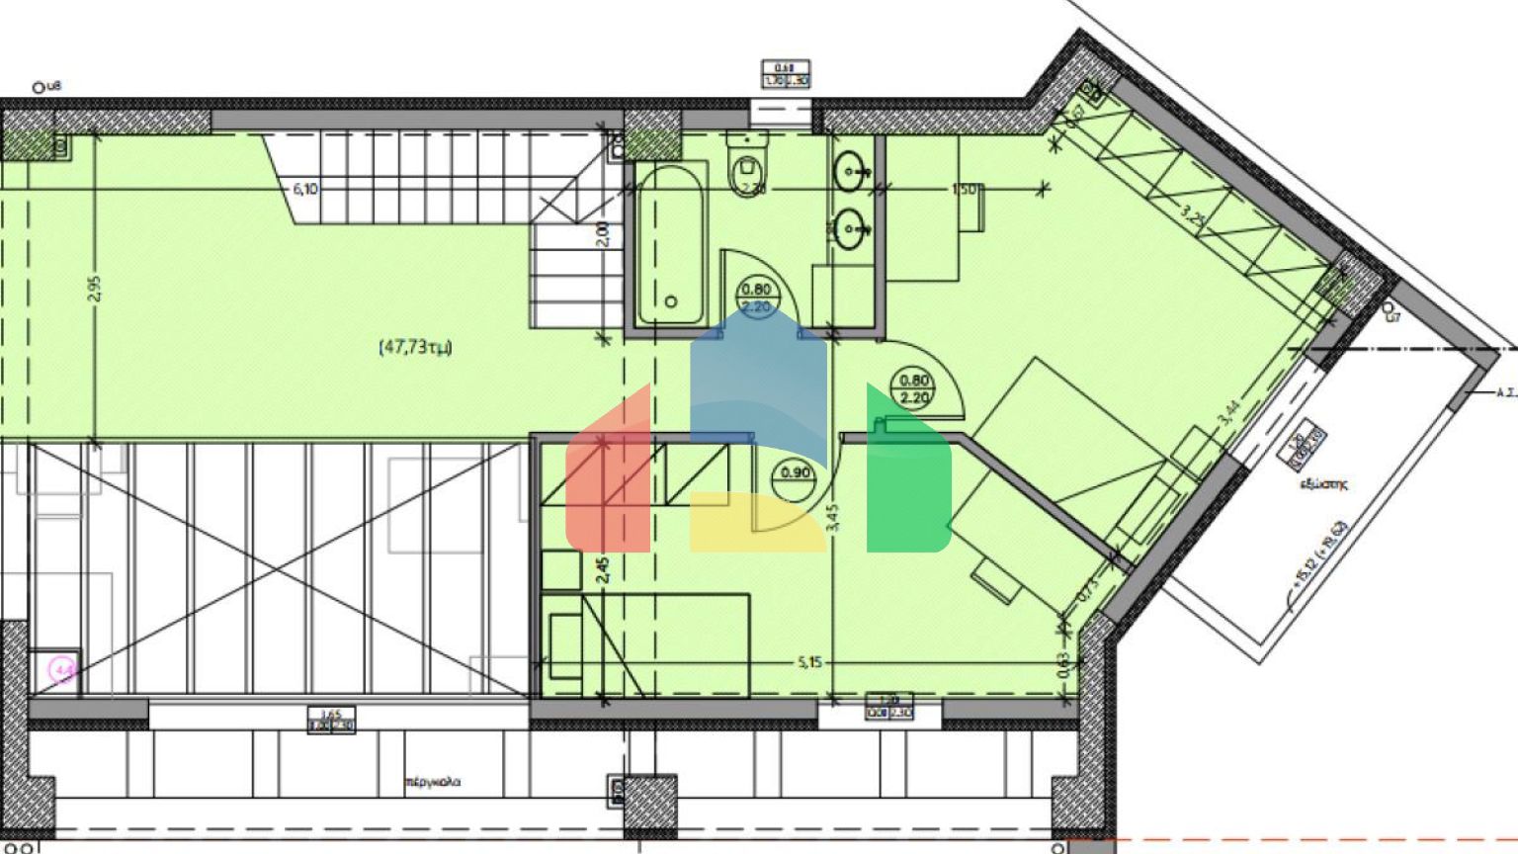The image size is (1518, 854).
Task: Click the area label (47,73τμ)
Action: pyautogui.click(x=415, y=347)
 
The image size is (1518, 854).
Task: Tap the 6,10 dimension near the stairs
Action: pyautogui.click(x=304, y=189)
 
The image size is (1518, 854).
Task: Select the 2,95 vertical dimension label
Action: pyautogui.click(x=94, y=287)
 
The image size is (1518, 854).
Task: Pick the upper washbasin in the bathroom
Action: pyautogui.click(x=851, y=173)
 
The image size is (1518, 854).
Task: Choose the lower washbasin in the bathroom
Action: pyautogui.click(x=851, y=230)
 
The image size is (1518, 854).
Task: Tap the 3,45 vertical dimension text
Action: pyautogui.click(x=831, y=519)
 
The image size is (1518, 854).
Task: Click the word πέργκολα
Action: pyautogui.click(x=433, y=782)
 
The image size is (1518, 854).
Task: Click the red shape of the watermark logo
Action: pyautogui.click(x=608, y=474)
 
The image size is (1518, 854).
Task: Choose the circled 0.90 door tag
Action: pyautogui.click(x=796, y=472)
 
